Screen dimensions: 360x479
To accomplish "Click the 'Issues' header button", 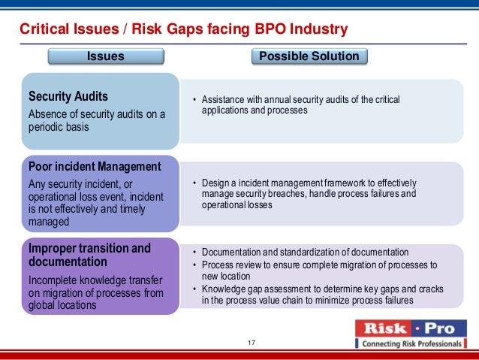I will click(106, 56).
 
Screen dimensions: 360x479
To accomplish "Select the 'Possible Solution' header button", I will click(309, 56).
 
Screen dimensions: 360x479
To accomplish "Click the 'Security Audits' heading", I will click(68, 97).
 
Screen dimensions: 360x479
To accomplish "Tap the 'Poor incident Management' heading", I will click(94, 167).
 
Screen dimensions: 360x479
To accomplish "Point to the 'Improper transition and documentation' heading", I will click(89, 255).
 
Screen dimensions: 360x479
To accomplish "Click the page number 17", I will click(252, 343).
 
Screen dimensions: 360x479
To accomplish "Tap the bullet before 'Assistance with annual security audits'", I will click(194, 100).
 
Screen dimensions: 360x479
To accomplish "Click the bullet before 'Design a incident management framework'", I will click(194, 183).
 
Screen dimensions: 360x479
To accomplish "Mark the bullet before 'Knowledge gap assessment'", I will click(194, 289).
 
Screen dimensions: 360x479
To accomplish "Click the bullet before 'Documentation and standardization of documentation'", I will click(194, 253).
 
